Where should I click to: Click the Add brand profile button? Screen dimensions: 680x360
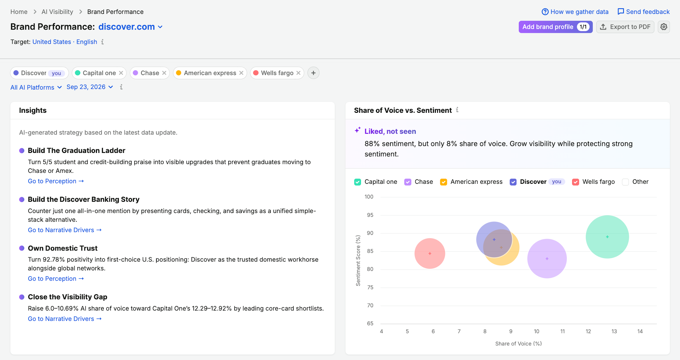(x=555, y=27)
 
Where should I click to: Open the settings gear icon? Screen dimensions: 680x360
(x=664, y=27)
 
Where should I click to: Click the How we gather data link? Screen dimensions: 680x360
(x=575, y=12)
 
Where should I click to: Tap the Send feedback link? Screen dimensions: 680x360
(x=643, y=12)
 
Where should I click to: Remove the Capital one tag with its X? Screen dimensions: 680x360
(x=121, y=73)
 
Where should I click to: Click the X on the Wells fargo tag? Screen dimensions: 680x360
(x=298, y=73)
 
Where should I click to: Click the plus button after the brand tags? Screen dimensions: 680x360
(x=313, y=73)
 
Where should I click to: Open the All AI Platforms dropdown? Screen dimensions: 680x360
(x=36, y=87)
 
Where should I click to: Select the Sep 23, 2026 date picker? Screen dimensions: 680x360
(x=90, y=87)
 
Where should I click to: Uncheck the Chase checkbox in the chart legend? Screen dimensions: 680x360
(x=408, y=182)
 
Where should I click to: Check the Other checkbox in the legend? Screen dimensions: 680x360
(x=626, y=182)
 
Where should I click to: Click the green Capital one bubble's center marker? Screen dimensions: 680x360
(x=607, y=237)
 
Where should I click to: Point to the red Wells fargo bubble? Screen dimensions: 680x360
(x=430, y=253)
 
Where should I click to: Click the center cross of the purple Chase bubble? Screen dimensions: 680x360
(x=547, y=259)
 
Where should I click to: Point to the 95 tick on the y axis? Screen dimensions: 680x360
(x=370, y=215)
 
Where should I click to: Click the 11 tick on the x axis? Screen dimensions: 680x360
(x=562, y=331)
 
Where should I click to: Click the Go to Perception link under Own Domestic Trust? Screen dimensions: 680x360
(x=56, y=279)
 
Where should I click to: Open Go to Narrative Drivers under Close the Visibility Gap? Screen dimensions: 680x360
(x=65, y=319)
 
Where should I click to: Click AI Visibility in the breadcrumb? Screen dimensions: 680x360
(x=57, y=12)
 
